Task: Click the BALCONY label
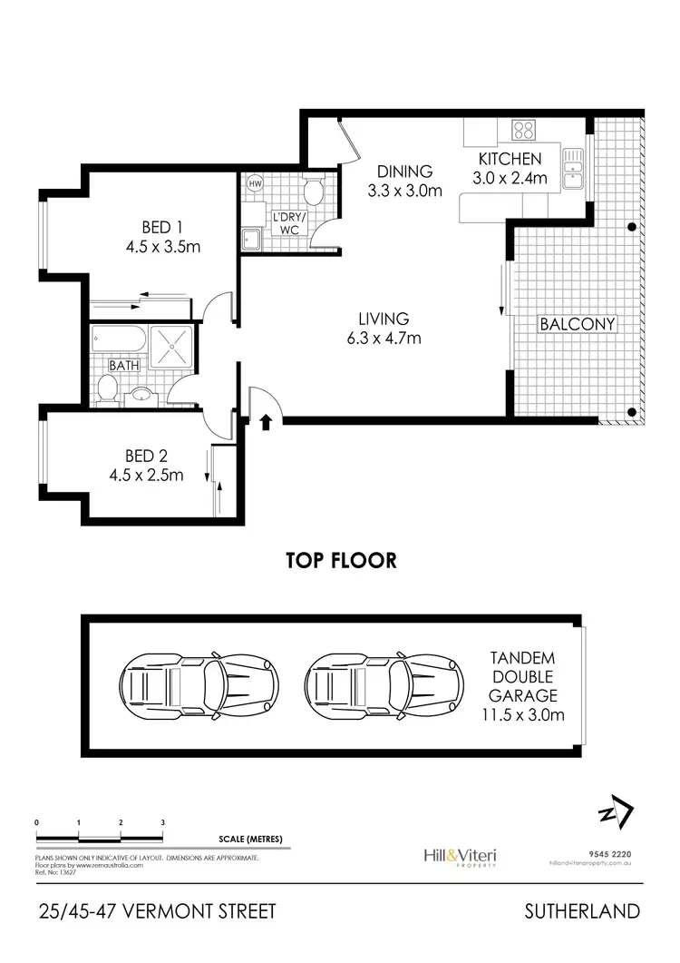click(578, 324)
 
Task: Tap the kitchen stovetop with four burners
click(524, 131)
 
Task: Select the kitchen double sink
click(572, 169)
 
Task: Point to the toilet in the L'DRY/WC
click(313, 191)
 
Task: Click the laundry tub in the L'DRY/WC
click(250, 239)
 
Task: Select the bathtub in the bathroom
click(119, 344)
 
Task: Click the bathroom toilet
click(107, 390)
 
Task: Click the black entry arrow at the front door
click(265, 421)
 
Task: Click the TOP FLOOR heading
click(341, 560)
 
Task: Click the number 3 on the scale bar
click(163, 822)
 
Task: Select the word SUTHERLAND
click(587, 911)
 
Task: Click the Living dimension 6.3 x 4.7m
click(384, 339)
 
